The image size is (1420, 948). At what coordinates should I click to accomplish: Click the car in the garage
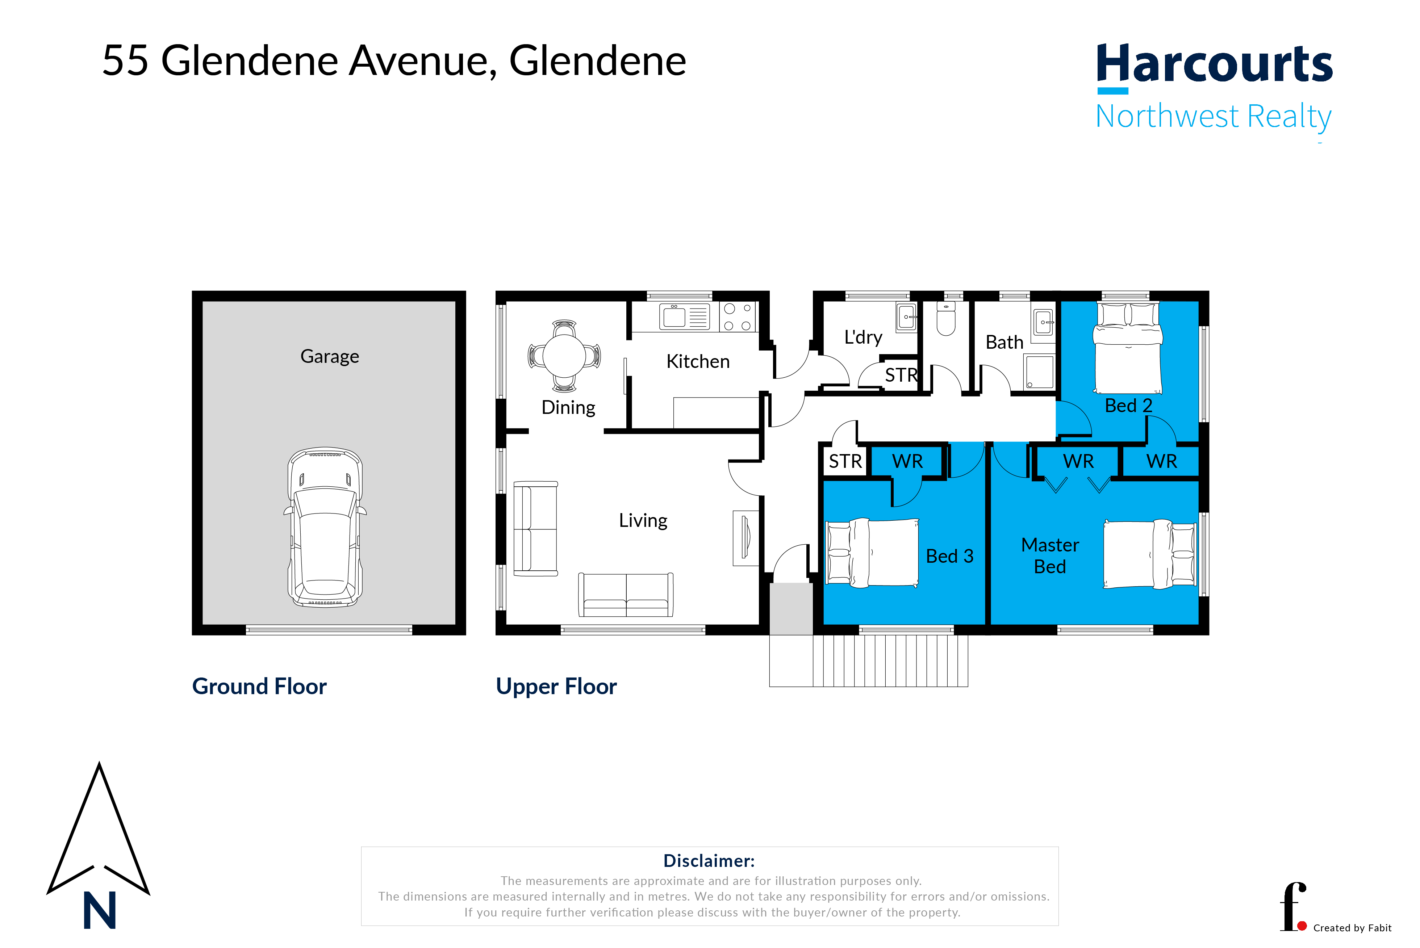tap(325, 527)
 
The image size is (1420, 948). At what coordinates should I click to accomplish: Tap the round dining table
tap(564, 356)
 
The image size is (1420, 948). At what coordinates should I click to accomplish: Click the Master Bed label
tap(1049, 555)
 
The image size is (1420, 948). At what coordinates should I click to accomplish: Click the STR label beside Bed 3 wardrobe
tap(845, 461)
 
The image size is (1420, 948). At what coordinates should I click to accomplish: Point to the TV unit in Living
tap(745, 538)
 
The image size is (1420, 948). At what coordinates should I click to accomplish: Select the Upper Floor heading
tap(556, 687)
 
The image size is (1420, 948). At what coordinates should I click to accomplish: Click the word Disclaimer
tap(709, 861)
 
